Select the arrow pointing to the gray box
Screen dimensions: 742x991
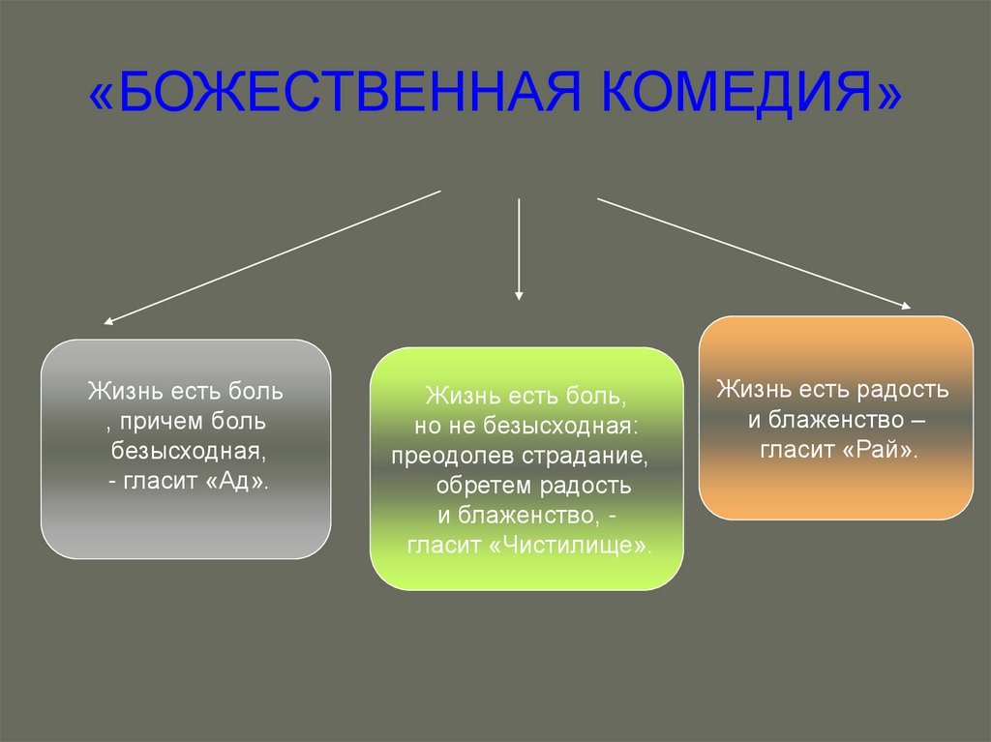coord(272,255)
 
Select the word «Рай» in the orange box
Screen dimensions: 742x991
coord(882,449)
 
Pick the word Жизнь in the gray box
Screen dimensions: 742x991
coord(113,392)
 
